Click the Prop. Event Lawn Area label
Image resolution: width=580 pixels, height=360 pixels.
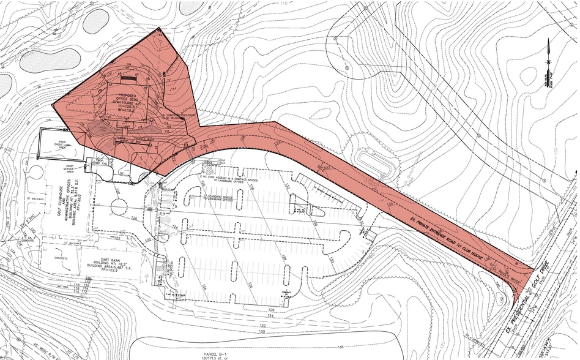[67, 143]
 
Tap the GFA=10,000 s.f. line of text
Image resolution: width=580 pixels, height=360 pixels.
[126, 105]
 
